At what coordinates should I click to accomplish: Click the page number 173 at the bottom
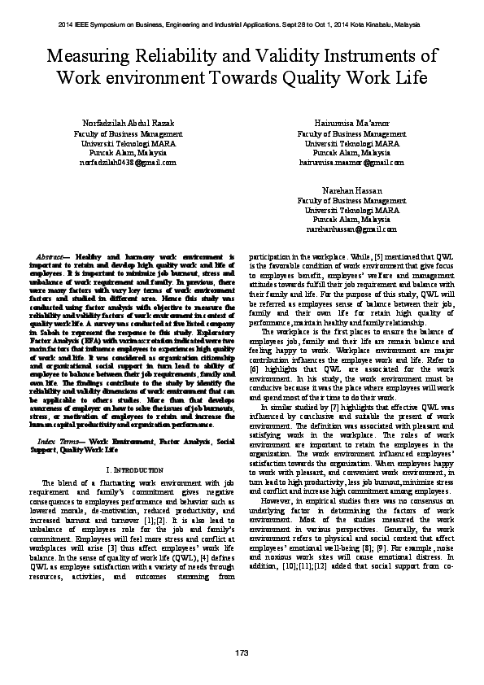tap(242, 654)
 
